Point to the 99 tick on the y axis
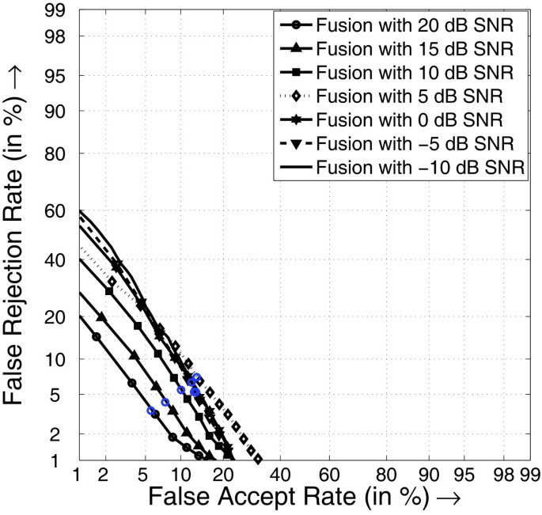55,13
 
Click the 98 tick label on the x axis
502,475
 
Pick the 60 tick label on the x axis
331,475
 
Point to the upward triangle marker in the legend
294,47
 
